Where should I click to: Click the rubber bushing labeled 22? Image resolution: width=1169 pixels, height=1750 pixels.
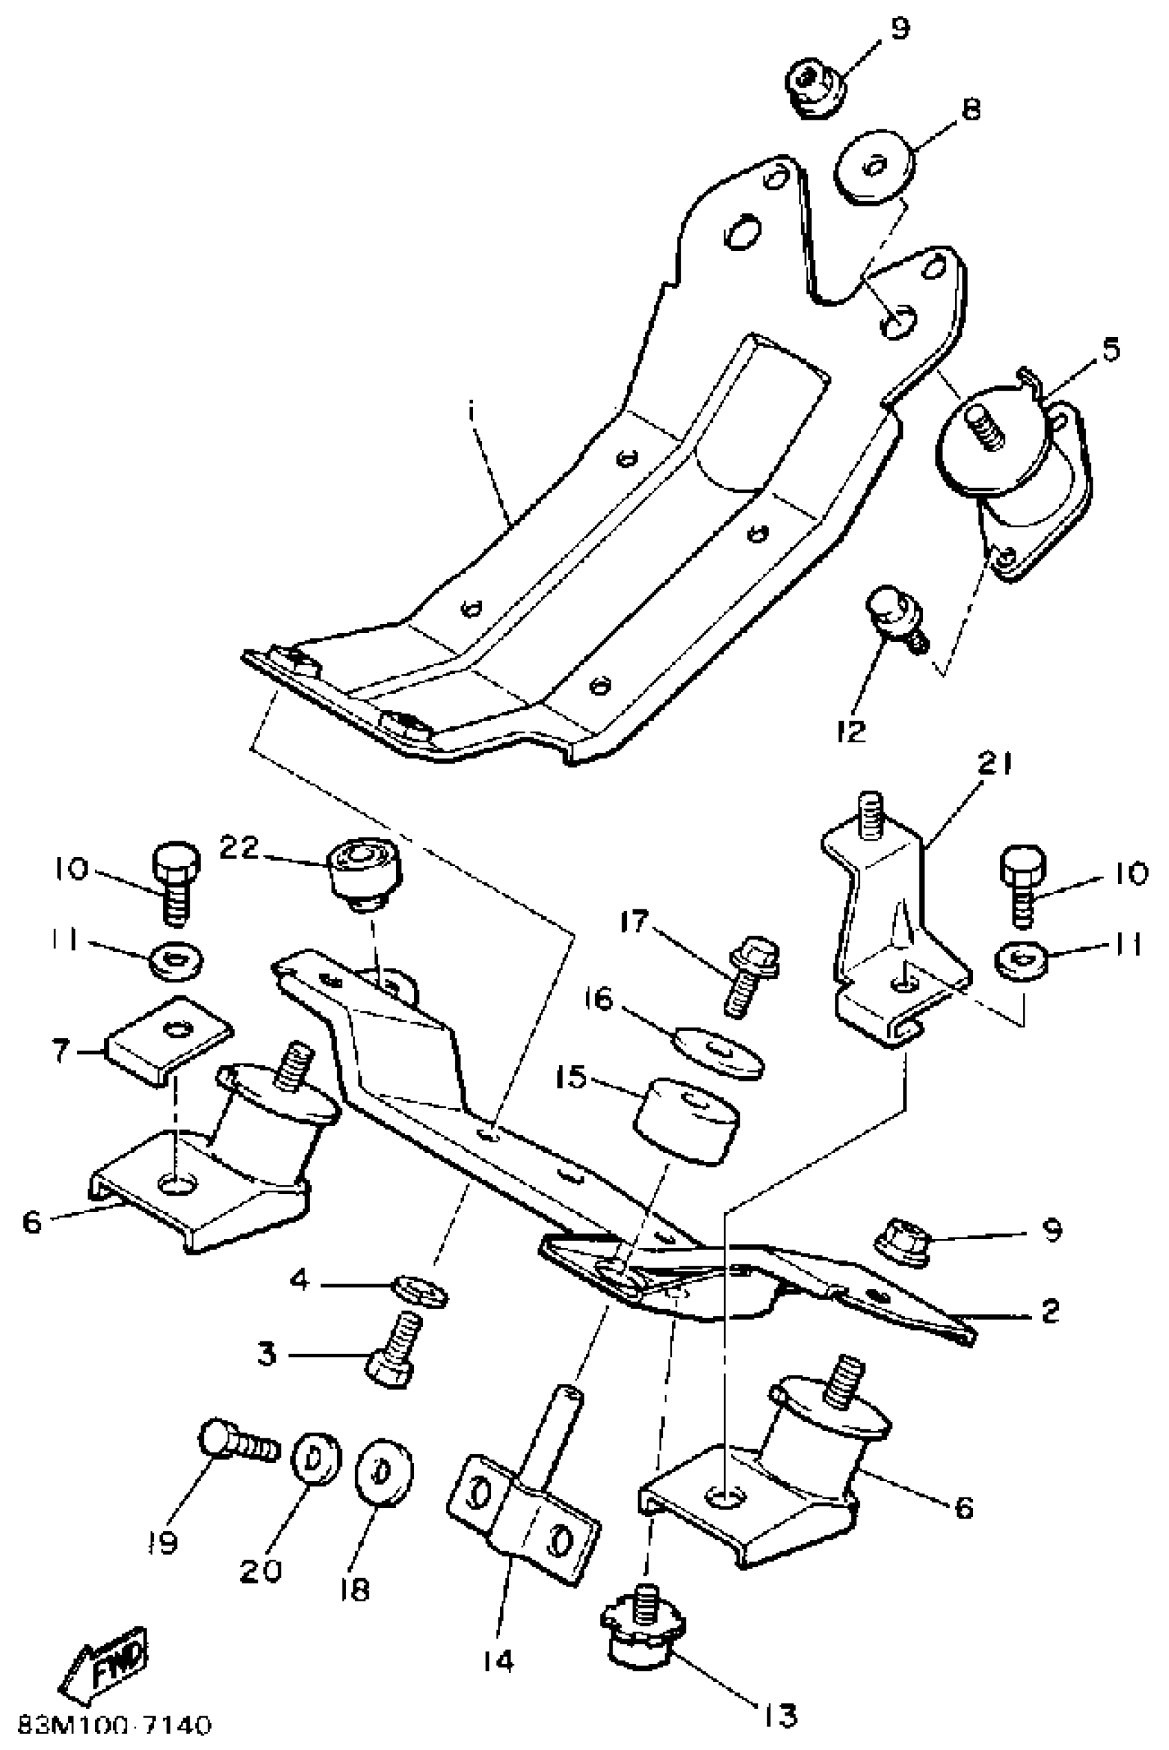(364, 873)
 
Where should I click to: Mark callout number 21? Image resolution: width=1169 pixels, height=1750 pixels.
(996, 765)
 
